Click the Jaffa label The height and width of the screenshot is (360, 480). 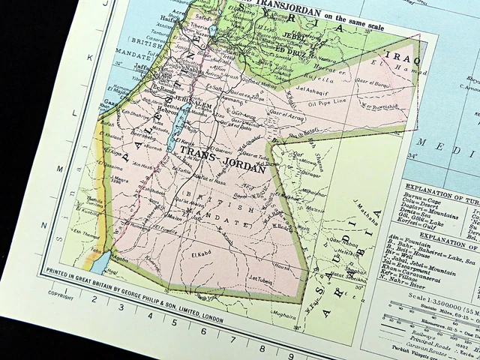click(x=142, y=65)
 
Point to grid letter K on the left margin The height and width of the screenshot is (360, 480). click(x=89, y=57)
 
